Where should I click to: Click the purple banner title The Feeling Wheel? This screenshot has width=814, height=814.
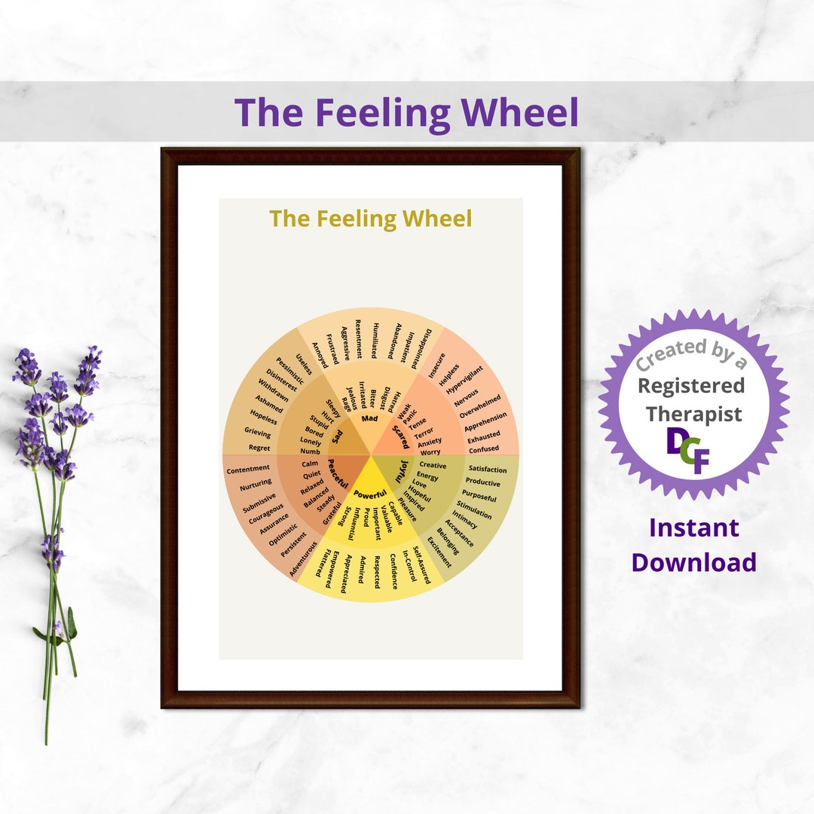406,112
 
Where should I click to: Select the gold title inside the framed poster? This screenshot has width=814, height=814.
370,219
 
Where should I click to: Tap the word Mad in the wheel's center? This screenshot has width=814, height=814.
369,418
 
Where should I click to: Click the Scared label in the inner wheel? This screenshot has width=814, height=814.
399,436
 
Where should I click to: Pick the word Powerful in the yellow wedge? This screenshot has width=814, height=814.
370,494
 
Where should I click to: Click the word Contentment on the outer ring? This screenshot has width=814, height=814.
248,470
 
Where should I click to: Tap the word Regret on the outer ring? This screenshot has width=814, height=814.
259,448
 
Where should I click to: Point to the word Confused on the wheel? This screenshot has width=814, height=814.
483,449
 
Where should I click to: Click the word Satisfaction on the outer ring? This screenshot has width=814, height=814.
488,470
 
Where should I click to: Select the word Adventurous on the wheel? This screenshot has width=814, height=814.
304,558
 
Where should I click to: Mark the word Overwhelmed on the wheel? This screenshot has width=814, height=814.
480,404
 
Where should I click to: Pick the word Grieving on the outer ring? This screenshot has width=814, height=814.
257,433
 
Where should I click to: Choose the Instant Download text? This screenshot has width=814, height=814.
693,545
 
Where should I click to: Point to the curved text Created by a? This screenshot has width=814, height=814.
691,354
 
